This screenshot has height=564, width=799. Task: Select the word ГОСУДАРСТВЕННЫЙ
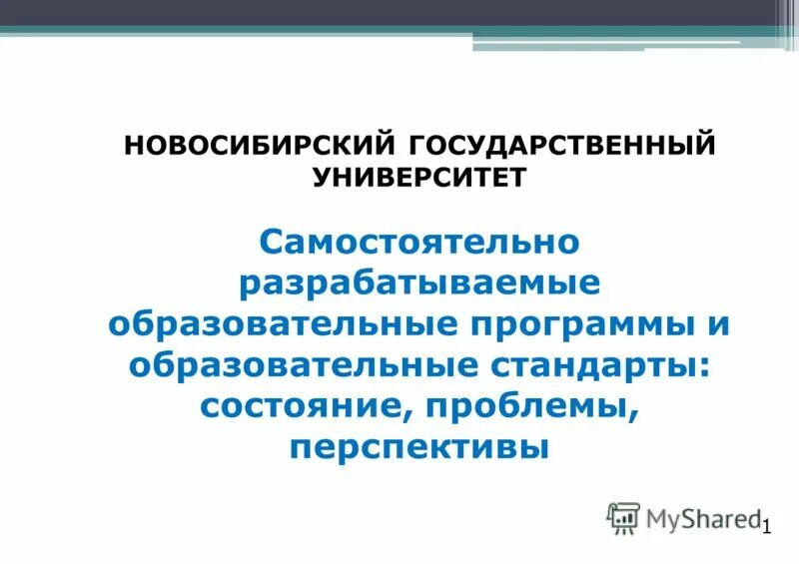(563, 144)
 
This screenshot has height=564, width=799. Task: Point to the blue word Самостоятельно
(419, 243)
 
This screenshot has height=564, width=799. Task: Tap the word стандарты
(598, 366)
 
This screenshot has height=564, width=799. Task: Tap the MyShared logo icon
(623, 516)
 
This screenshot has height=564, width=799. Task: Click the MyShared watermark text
(701, 517)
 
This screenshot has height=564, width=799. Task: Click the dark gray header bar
(399, 13)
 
